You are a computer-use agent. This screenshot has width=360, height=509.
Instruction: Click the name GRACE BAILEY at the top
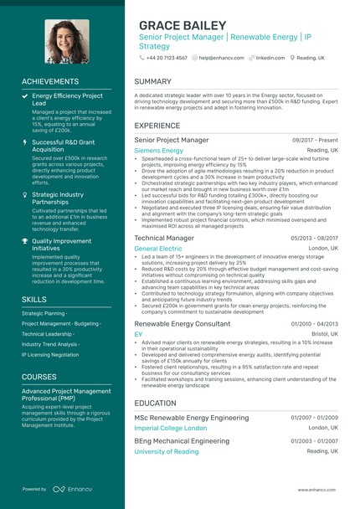pyautogui.click(x=183, y=25)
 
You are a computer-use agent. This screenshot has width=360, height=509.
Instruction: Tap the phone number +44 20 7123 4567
pyautogui.click(x=166, y=58)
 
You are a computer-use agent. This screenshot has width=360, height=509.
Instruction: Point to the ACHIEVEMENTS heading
pyautogui.click(x=50, y=81)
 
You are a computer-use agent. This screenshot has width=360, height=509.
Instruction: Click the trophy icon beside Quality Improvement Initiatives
pyautogui.click(x=25, y=241)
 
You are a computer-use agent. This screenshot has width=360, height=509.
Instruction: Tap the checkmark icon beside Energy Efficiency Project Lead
pyautogui.click(x=25, y=96)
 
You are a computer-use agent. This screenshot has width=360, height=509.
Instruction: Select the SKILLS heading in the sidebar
pyautogui.click(x=34, y=299)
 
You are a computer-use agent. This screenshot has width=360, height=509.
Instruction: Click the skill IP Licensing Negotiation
pyautogui.click(x=50, y=354)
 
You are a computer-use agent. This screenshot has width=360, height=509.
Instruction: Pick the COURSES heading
pyautogui.click(x=39, y=377)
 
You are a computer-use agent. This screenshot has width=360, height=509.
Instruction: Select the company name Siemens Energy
pyautogui.click(x=158, y=151)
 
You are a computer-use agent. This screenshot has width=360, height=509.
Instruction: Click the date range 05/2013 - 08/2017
pyautogui.click(x=314, y=238)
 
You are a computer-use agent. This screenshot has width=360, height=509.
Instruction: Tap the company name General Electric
pyautogui.click(x=157, y=249)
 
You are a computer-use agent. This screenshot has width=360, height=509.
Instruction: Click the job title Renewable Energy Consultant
pyautogui.click(x=182, y=323)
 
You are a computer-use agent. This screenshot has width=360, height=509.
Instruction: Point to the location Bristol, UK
pyautogui.click(x=324, y=333)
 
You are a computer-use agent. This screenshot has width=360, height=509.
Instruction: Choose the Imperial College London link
pyautogui.click(x=170, y=428)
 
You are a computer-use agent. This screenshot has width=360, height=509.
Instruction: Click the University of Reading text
pyautogui.click(x=167, y=451)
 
